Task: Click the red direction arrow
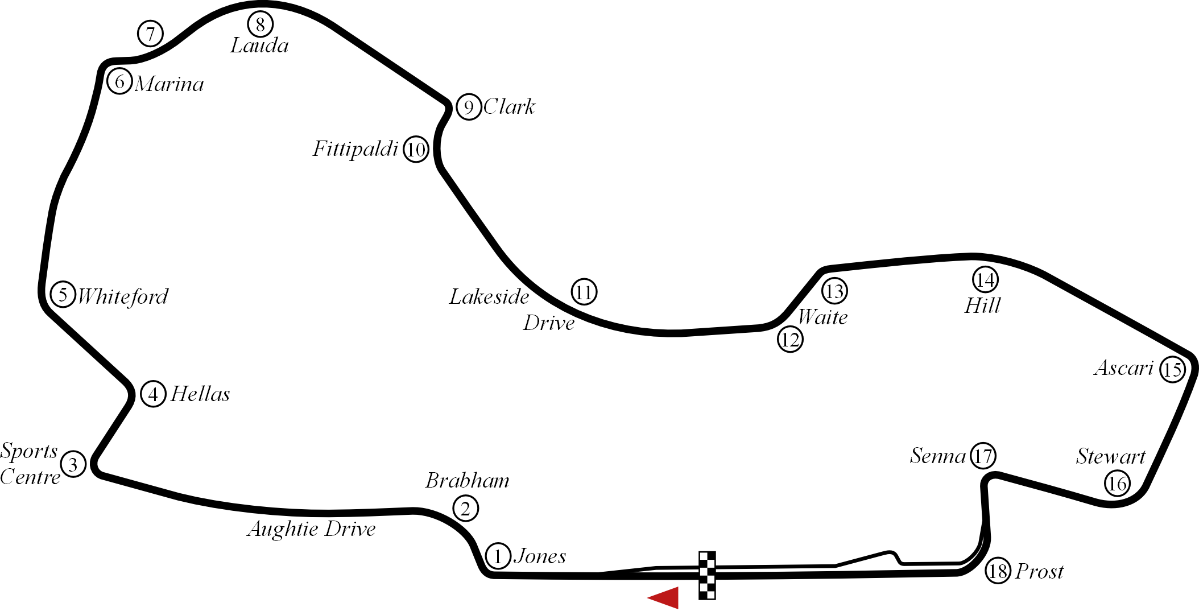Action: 663,597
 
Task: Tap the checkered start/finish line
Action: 707,575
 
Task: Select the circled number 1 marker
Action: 498,556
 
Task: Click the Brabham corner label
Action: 467,481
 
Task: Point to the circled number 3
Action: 73,464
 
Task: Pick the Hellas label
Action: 200,394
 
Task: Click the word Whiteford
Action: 123,296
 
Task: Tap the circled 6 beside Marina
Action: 119,82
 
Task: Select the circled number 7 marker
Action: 151,34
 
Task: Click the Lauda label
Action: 259,46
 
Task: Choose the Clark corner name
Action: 509,106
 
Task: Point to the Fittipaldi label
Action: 355,149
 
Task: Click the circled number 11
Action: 584,292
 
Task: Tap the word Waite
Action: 822,317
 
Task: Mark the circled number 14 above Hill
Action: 985,279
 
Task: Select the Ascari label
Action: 1124,368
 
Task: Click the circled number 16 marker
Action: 1117,484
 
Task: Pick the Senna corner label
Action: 938,456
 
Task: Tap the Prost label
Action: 1040,571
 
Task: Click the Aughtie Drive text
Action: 312,529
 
